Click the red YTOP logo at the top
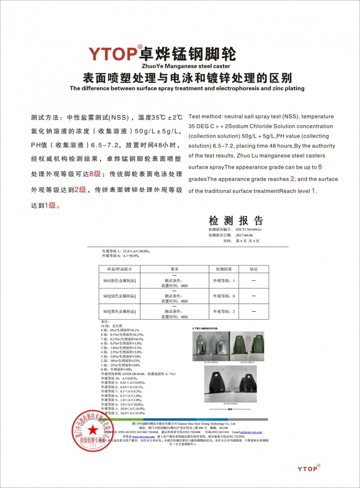[112, 53]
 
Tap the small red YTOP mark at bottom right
[309, 469]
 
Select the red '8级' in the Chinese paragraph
[96, 174]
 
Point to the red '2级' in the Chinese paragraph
[81, 190]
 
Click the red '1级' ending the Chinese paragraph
[50, 206]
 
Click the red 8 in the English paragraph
[320, 167]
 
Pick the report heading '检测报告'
[235, 221]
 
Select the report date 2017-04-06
[245, 235]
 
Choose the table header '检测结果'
[224, 269]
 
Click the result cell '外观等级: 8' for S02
[224, 296]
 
